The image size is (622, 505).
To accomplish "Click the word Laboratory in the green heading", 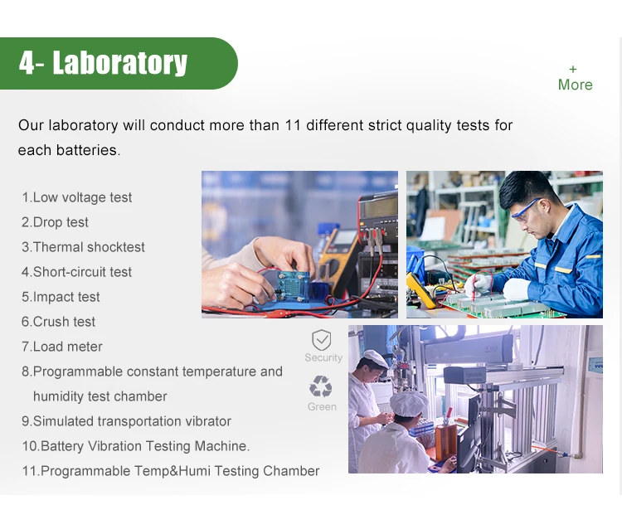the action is pos(119,63).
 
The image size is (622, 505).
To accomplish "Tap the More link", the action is pos(575,79).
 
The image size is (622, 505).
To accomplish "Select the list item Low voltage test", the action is pos(77,197).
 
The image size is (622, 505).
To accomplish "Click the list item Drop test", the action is pos(55,222).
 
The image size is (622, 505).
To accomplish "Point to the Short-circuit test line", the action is pos(76,272).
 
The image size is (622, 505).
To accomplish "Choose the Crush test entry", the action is pos(58,322).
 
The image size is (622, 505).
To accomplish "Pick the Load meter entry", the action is pos(62,347).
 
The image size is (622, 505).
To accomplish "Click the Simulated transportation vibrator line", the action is pos(126,421).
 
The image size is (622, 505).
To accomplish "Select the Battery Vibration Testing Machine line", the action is pos(136,446).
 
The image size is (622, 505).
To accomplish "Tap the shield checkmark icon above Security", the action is pos(321,340).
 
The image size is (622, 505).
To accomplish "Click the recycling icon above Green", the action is pos(320,386).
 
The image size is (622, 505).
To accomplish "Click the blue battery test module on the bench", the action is pos(293,285).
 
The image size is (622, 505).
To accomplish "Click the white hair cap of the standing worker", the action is pos(375,358).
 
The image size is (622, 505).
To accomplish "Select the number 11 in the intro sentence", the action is pos(293,125).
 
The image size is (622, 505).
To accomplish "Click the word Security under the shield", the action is pos(323,357).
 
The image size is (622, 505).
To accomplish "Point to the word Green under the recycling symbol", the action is pos(322,406).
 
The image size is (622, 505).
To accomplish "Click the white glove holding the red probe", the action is pos(478,285).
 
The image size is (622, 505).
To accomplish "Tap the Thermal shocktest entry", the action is pos(83,247).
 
